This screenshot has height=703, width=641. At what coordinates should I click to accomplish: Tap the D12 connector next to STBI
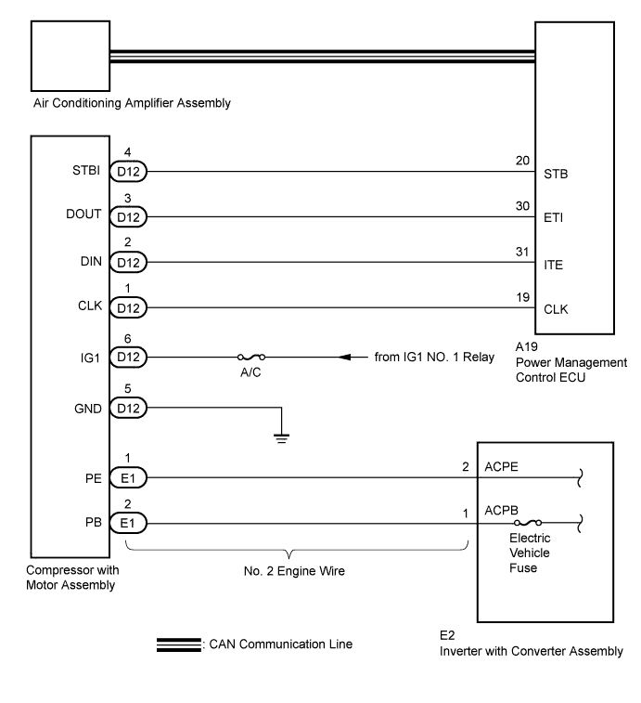[x=128, y=171]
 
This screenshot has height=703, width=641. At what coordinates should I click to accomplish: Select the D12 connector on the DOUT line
[x=128, y=217]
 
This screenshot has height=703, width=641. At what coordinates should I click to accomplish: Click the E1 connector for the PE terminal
[x=128, y=478]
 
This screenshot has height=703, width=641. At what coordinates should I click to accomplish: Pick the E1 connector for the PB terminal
[x=128, y=523]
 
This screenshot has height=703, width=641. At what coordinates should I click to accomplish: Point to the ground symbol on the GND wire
[x=282, y=438]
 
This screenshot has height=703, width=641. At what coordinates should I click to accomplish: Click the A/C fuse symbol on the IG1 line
[x=251, y=357]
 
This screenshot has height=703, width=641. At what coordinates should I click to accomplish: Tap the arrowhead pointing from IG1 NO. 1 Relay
[x=345, y=357]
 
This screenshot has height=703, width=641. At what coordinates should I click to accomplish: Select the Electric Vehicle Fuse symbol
[x=528, y=522]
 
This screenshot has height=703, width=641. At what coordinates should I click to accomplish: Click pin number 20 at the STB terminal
[x=522, y=161]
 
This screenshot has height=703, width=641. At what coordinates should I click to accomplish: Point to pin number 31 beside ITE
[x=522, y=252]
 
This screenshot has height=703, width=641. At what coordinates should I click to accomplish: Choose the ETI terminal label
[x=553, y=218]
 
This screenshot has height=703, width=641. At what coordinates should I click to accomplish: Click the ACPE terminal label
[x=501, y=467]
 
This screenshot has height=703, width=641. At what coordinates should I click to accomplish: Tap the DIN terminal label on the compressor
[x=91, y=261]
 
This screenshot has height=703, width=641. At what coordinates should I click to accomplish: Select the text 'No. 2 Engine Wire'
[x=294, y=571]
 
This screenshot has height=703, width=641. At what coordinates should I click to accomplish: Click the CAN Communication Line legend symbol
[x=179, y=644]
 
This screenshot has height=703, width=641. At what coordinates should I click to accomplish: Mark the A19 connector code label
[x=526, y=346]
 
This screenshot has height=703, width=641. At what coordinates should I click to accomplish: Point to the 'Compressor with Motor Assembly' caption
[x=72, y=578]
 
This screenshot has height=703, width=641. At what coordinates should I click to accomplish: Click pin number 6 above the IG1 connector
[x=128, y=338]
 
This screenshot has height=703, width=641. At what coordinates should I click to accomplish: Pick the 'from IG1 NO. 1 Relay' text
[x=434, y=357]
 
